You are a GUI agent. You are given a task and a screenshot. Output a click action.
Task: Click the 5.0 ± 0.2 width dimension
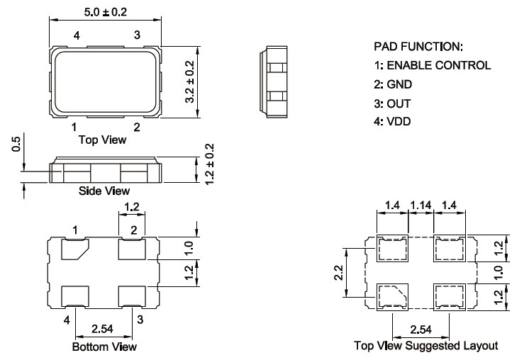click(x=105, y=11)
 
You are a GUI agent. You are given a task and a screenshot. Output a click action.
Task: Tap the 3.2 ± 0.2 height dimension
click(x=190, y=82)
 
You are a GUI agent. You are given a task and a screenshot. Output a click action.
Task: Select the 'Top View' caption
click(x=104, y=140)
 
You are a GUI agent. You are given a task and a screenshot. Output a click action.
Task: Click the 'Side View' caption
click(x=104, y=191)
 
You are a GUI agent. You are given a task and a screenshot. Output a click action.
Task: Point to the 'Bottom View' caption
click(x=104, y=347)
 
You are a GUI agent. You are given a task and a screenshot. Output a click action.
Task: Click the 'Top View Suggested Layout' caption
click(x=426, y=346)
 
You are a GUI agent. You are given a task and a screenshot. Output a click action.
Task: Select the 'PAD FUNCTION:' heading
click(x=418, y=47)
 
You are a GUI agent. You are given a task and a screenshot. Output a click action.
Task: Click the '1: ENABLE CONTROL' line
click(x=432, y=65)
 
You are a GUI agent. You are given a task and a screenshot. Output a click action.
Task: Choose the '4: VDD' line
click(x=391, y=121)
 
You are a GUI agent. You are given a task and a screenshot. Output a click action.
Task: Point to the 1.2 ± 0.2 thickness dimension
click(x=208, y=164)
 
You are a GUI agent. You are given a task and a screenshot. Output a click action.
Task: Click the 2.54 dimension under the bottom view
click(x=104, y=329)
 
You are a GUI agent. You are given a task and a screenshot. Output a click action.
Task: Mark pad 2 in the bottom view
click(x=132, y=249)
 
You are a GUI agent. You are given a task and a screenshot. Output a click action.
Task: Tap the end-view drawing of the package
click(x=275, y=81)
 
